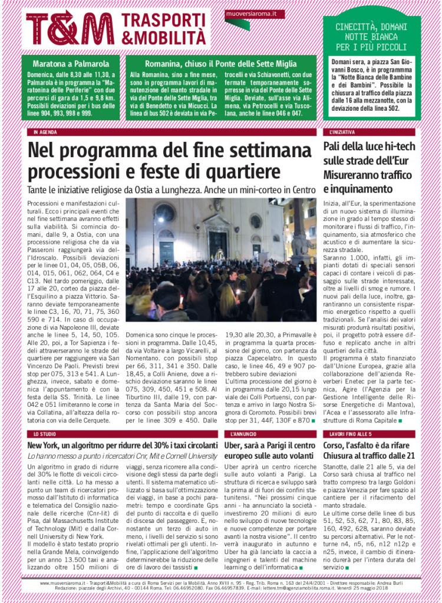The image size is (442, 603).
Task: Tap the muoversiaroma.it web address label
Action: (x=248, y=13)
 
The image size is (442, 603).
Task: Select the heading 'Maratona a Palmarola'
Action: (x=71, y=63)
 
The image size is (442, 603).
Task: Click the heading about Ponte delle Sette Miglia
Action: (x=221, y=63)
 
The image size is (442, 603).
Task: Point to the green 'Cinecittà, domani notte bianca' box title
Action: (x=371, y=37)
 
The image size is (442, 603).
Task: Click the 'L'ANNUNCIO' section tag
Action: (x=240, y=433)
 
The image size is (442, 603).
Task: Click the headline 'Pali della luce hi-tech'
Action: (x=370, y=147)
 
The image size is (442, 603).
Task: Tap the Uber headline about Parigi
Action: (x=270, y=450)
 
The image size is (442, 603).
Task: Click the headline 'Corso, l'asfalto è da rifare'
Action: (x=370, y=450)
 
